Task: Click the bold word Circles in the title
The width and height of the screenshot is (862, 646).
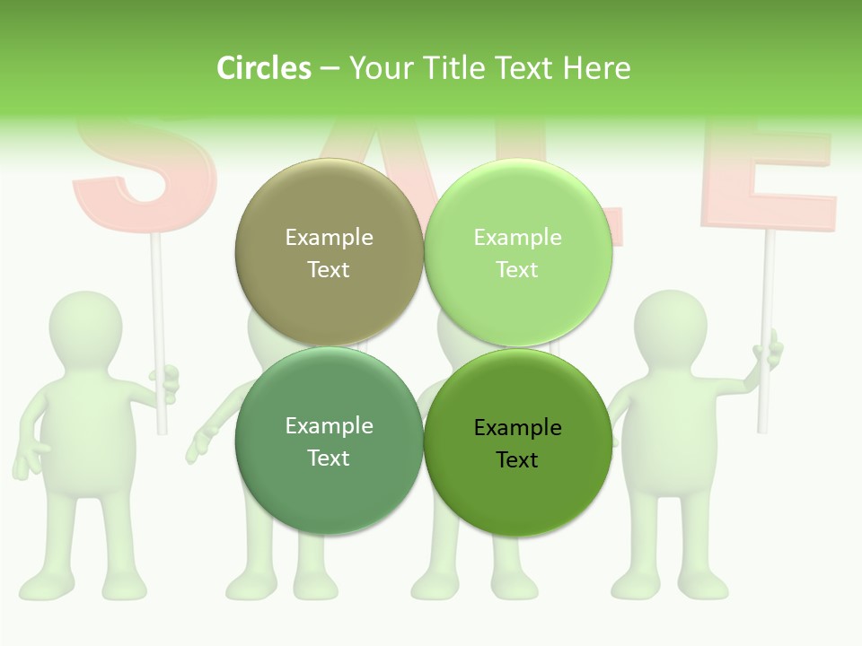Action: click(264, 68)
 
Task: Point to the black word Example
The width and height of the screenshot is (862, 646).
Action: click(518, 428)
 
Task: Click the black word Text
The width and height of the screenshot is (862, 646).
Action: click(517, 460)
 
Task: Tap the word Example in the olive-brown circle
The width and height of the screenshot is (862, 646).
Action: click(329, 238)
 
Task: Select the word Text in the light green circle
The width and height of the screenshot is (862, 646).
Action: click(517, 270)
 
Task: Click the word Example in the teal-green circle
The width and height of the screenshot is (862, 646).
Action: click(329, 426)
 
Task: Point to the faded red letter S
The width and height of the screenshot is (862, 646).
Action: click(144, 170)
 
